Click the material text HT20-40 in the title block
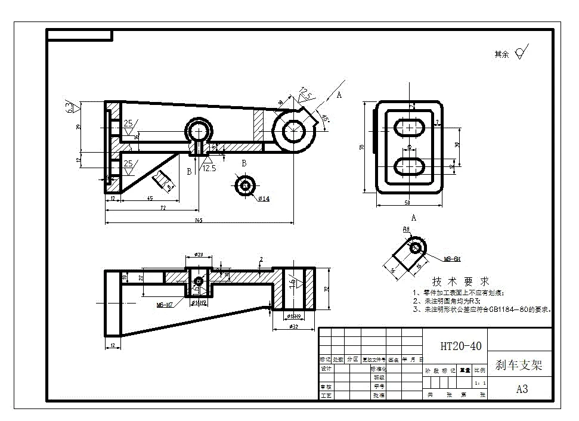coord(460,346)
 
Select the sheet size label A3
coord(522,389)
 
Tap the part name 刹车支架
coord(518,365)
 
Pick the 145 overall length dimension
coord(198,221)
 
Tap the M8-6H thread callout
coord(452,259)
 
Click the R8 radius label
coord(406,228)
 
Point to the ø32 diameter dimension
coord(292,326)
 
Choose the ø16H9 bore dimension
coord(293,316)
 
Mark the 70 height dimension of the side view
coord(362,147)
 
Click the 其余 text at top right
coord(501,54)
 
